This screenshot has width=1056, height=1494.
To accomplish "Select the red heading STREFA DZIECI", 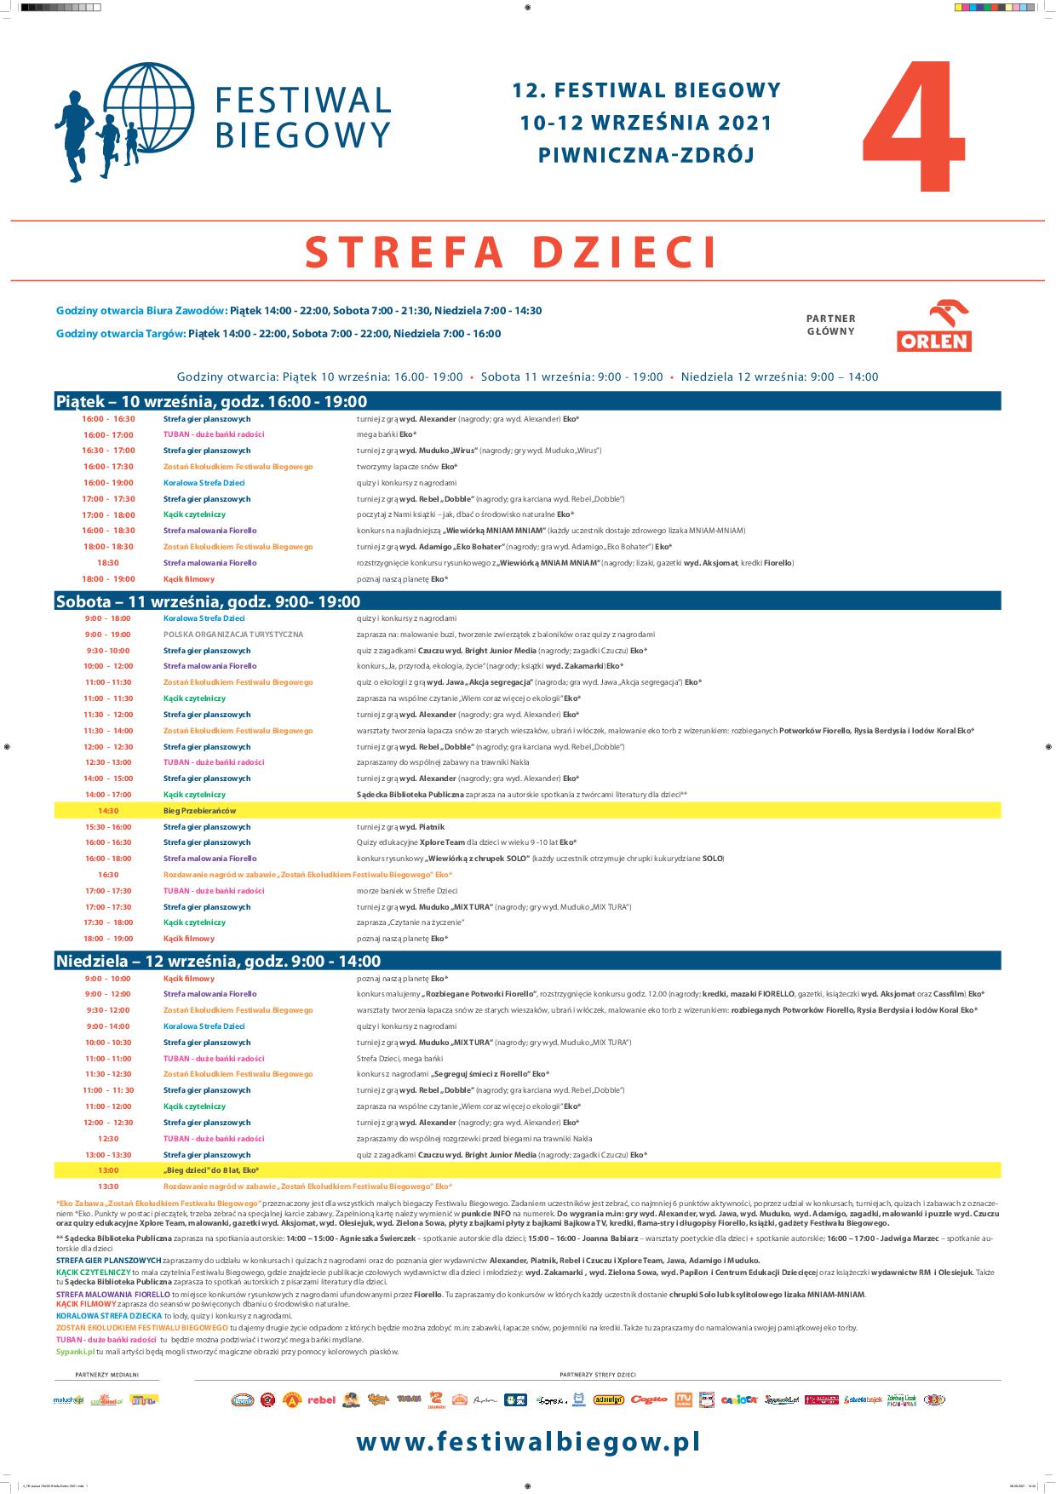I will pos(511,251).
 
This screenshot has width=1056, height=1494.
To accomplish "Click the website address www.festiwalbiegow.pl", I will pos(528,1442).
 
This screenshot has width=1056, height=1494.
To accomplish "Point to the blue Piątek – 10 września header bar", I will pos(528,401).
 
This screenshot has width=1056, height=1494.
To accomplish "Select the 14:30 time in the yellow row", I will pos(107,810).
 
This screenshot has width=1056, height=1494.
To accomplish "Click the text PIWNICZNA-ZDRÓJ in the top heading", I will pos(646,155).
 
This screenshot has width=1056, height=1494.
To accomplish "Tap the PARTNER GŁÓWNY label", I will pos(830,325).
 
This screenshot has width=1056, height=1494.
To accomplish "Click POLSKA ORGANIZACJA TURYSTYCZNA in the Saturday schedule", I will pos(233,635).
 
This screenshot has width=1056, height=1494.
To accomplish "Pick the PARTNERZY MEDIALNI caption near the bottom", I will pos(106,1374).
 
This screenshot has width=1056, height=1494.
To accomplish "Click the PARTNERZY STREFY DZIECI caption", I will pos(598,1374).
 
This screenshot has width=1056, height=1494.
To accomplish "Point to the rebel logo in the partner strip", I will pos(322,1399).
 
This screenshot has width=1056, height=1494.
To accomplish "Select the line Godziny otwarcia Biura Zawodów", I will pos(299,311).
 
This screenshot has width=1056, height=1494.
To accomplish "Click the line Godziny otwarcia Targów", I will pos(278,334).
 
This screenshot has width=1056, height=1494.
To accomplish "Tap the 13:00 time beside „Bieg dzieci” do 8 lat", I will pos(107,1170).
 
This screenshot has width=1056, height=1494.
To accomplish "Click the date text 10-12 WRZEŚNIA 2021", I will pos(646,123).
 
